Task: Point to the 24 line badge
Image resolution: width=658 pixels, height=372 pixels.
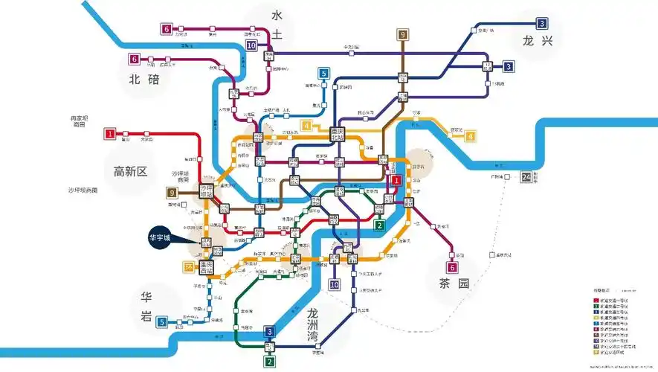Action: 527,177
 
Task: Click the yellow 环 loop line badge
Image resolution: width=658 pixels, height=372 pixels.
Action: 188,266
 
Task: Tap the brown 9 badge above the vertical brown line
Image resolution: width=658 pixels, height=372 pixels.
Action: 403,35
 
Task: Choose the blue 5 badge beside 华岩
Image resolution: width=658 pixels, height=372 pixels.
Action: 161,322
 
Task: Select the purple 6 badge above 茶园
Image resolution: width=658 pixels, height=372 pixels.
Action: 451,268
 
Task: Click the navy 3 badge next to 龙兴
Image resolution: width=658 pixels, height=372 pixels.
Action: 542,23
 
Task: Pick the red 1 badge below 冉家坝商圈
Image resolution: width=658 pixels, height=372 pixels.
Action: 110,134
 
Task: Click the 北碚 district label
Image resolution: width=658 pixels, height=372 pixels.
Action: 144,80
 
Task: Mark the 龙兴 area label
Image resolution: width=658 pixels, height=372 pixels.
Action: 538,41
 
